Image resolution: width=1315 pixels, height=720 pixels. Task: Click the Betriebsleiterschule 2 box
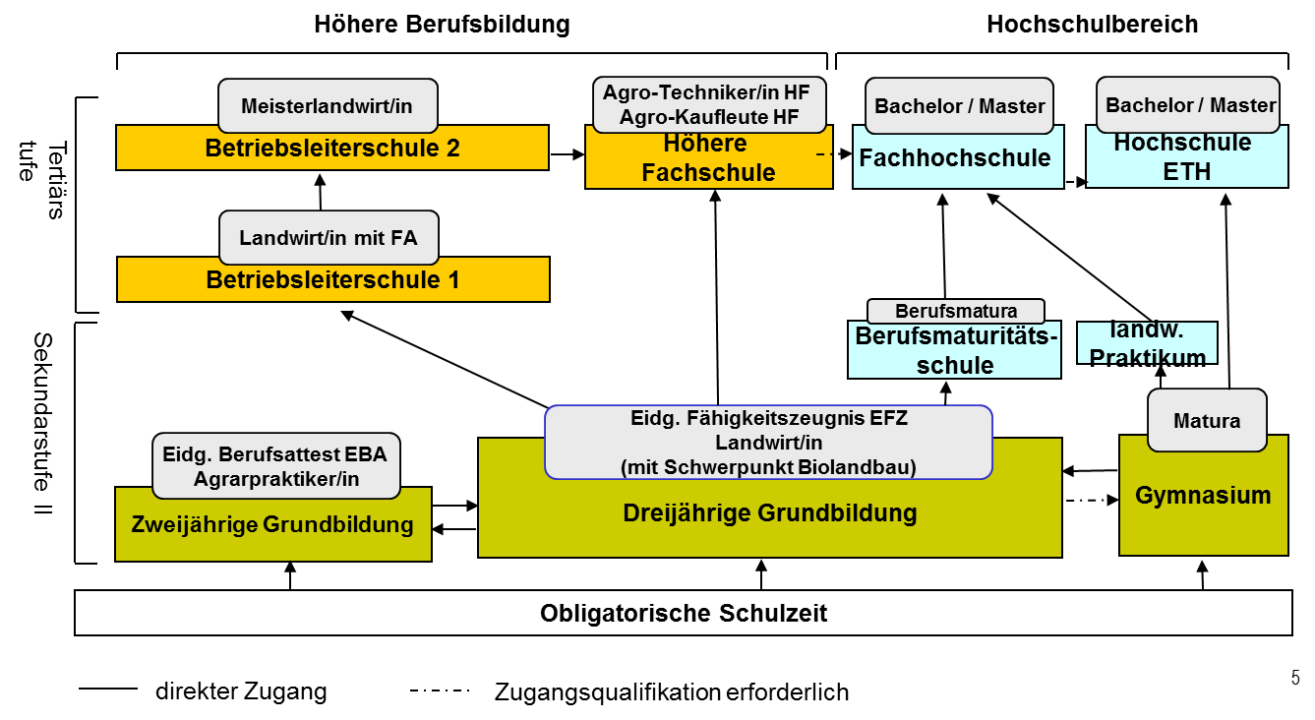coord(331,149)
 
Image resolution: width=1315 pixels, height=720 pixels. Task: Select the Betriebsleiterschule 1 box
coord(332,279)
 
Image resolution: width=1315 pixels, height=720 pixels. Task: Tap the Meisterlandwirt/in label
coord(327,105)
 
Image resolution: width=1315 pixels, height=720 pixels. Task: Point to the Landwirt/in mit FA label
coord(329,237)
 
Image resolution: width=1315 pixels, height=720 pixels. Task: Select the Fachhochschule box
coord(954,158)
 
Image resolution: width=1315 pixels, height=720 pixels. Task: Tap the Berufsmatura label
coord(956,312)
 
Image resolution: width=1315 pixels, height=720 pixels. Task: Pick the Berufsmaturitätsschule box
coord(955,351)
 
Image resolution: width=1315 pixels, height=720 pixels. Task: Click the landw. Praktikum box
coord(1147,344)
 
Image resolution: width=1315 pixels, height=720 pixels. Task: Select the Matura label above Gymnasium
coord(1207,420)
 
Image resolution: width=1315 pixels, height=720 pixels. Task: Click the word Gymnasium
coord(1203,495)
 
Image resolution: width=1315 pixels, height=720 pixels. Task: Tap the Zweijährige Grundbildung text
coord(272,525)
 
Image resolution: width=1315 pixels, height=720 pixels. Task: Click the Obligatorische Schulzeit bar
coord(684,614)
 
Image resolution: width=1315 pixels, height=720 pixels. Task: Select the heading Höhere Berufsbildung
coord(442,25)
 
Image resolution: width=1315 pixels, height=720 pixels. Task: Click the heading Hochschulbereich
coord(1092,25)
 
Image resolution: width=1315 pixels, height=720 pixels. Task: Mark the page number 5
coord(1295,678)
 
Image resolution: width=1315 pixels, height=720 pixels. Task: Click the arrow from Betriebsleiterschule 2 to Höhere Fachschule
coord(567,154)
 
